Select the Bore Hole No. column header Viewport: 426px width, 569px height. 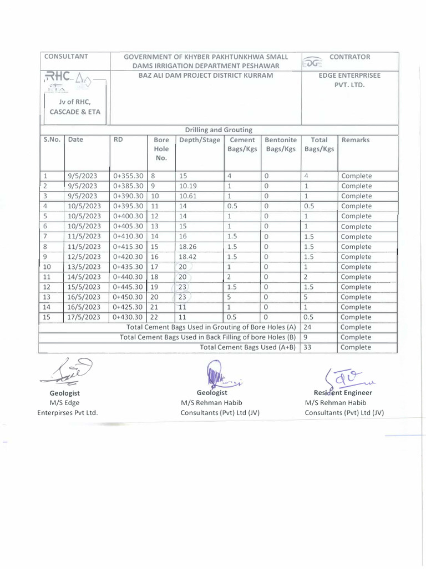pos(161,149)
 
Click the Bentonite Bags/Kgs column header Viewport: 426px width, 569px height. pos(281,145)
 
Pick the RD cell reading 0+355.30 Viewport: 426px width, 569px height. pos(128,176)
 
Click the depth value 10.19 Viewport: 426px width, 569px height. pos(188,186)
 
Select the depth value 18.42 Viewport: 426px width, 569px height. pos(188,257)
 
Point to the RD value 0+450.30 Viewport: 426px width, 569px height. pos(128,297)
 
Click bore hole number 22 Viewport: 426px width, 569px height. pos(155,317)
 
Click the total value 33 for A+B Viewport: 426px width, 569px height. pos(309,347)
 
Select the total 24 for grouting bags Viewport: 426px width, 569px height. pos(309,327)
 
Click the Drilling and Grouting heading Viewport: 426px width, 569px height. pos(219,129)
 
